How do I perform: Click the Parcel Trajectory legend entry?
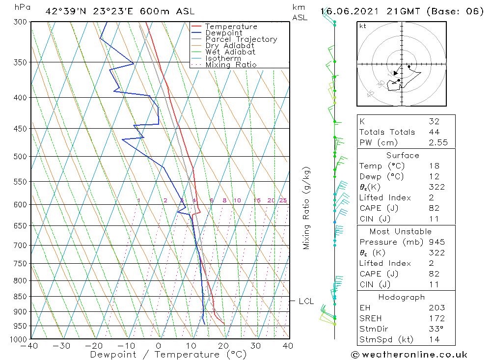(241, 39)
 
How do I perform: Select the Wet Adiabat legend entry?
(230, 52)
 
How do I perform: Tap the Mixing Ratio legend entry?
(231, 65)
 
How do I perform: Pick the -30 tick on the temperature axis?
(62, 346)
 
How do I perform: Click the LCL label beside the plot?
(306, 301)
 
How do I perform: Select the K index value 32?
(434, 121)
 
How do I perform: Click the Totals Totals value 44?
(434, 132)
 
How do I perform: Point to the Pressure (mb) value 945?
(436, 242)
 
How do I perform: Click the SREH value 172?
(436, 319)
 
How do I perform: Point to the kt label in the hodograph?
(363, 26)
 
